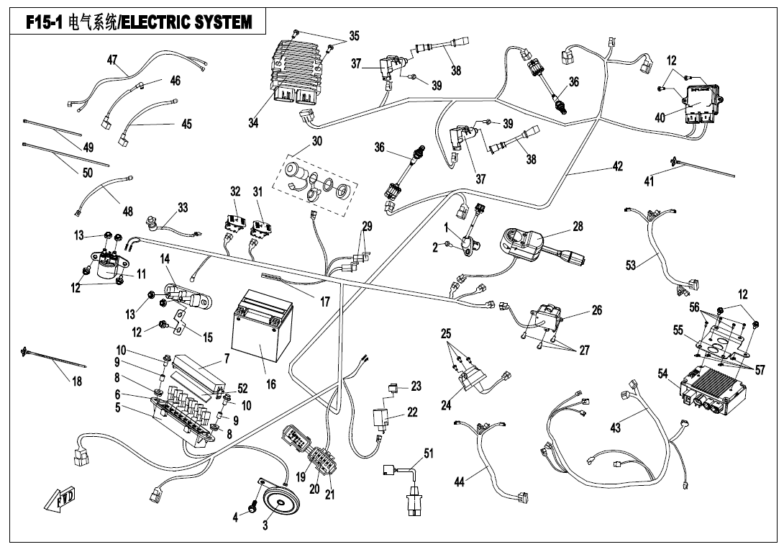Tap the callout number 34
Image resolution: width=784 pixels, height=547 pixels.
click(253, 122)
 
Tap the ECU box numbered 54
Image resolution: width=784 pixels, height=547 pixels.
click(712, 388)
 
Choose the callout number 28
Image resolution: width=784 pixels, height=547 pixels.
click(578, 225)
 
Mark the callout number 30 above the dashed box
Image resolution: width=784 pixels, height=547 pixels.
click(317, 141)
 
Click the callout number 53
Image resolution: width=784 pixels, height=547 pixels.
click(632, 266)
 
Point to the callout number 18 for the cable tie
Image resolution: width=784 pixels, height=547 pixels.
click(76, 381)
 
